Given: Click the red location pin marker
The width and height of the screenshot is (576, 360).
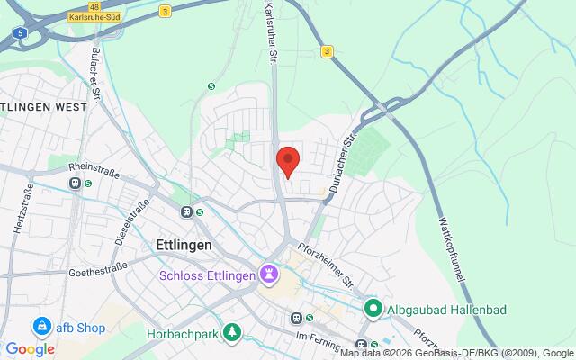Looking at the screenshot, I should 287,160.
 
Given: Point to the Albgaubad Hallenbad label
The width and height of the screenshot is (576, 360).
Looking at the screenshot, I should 447,310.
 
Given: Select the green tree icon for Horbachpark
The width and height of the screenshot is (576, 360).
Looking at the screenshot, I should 233,332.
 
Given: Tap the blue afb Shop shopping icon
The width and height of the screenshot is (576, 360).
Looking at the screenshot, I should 40,326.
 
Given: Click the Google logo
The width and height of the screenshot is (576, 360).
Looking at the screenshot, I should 30,349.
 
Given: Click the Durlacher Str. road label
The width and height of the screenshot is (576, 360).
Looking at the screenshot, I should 342,166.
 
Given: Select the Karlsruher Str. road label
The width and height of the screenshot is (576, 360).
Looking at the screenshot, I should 269,31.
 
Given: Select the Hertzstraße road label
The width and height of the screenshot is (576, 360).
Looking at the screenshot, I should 22,208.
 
